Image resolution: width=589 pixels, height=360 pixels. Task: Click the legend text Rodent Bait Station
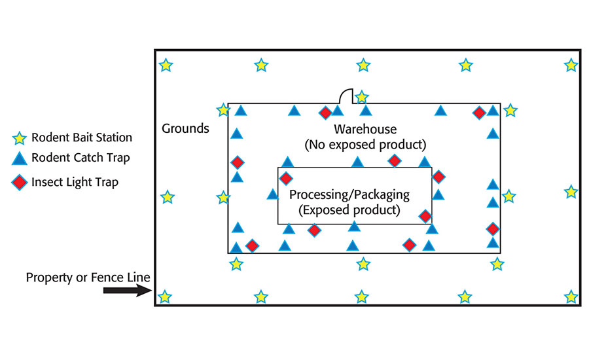pos(81,137)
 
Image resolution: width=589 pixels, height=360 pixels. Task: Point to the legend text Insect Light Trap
pos(75,182)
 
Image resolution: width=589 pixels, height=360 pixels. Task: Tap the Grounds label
pos(185,128)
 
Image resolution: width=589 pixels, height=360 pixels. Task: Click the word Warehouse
pos(365,128)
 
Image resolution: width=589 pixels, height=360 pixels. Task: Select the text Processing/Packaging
pos(349,194)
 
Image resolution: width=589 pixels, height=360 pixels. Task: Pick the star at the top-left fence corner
pos(166,65)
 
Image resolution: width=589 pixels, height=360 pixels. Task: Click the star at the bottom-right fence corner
pos(571,297)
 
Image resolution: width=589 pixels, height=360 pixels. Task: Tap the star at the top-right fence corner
pos(571,65)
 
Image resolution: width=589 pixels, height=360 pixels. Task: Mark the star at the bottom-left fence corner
pos(166,297)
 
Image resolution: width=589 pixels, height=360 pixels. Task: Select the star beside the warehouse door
pos(361,97)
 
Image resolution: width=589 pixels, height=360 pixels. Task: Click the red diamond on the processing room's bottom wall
pos(315,230)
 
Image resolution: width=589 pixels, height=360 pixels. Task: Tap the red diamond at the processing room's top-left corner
pos(286,177)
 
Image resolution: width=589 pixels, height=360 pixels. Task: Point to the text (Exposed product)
pos(349,210)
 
